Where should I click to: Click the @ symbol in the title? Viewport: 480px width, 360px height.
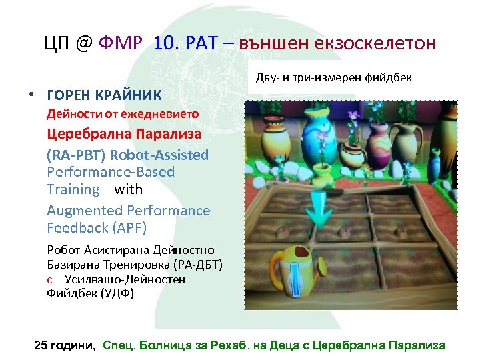point(82,44)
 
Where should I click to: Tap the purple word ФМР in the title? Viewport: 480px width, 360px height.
point(121,44)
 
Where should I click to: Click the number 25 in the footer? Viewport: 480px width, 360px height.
point(41,345)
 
